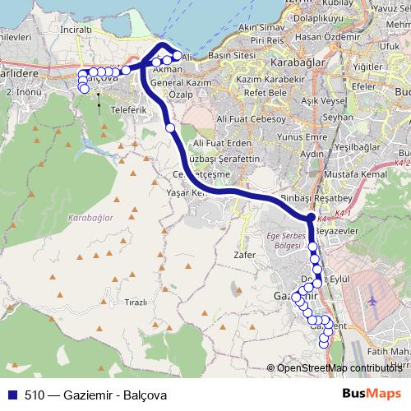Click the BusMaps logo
point(372,395)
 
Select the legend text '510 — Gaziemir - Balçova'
point(95,395)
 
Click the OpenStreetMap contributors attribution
point(338,368)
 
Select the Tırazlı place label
point(135,302)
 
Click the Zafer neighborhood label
point(245,256)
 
